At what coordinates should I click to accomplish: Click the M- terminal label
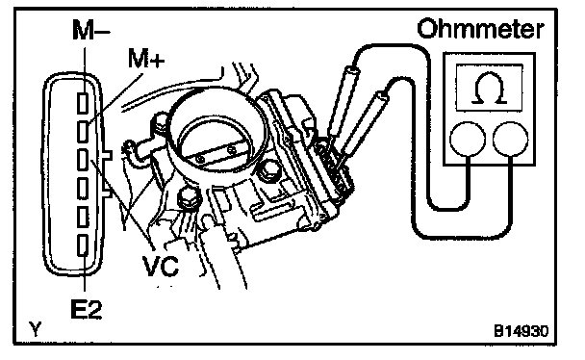91,30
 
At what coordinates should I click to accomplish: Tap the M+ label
146,58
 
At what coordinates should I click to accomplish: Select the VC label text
161,266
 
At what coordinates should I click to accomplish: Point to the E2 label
87,309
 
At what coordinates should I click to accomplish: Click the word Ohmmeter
480,29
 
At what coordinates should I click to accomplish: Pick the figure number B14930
521,331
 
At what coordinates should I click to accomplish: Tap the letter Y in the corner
36,329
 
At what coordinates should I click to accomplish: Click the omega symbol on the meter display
489,89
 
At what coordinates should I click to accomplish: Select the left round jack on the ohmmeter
468,140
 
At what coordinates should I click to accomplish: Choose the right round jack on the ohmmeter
510,140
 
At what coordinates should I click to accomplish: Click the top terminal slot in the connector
83,103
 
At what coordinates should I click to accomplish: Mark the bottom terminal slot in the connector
83,245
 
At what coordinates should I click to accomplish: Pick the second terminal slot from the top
83,132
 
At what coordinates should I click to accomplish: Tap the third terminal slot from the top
83,160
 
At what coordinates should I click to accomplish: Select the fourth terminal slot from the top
83,189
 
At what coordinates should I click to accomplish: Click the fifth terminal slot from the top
83,217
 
